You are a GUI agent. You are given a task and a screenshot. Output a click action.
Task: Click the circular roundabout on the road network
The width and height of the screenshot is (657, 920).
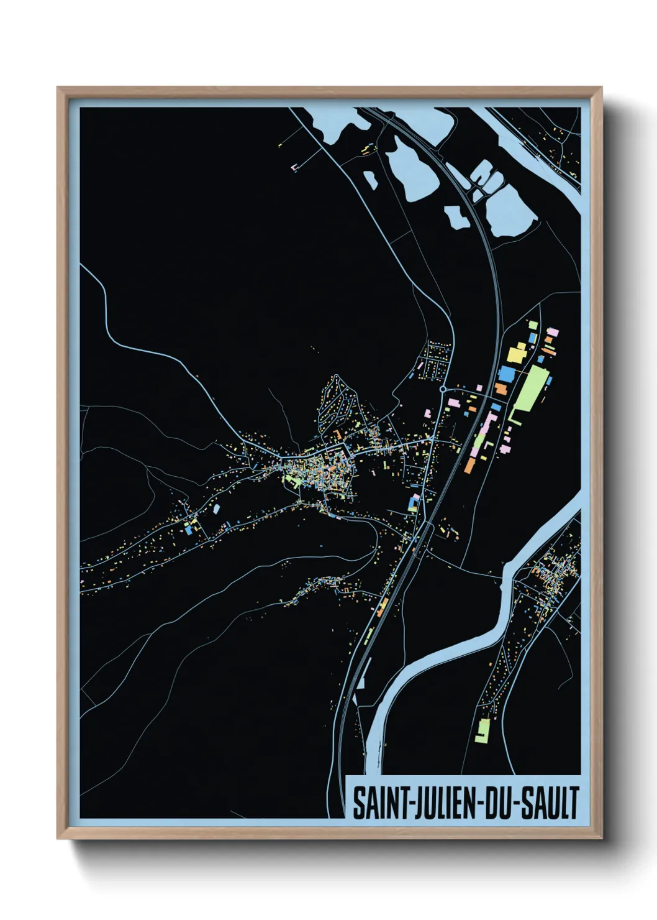pyautogui.click(x=442, y=390)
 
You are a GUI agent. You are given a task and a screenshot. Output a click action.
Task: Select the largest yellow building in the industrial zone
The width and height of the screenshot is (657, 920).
pyautogui.click(x=517, y=354)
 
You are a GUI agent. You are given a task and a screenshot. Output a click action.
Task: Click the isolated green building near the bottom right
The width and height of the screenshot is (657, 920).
pyautogui.click(x=483, y=730)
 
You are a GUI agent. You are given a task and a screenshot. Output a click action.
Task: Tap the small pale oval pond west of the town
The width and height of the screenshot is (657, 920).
pyautogui.click(x=216, y=508)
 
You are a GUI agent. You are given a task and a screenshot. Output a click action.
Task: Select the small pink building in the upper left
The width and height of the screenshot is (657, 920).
pyautogui.click(x=294, y=167)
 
